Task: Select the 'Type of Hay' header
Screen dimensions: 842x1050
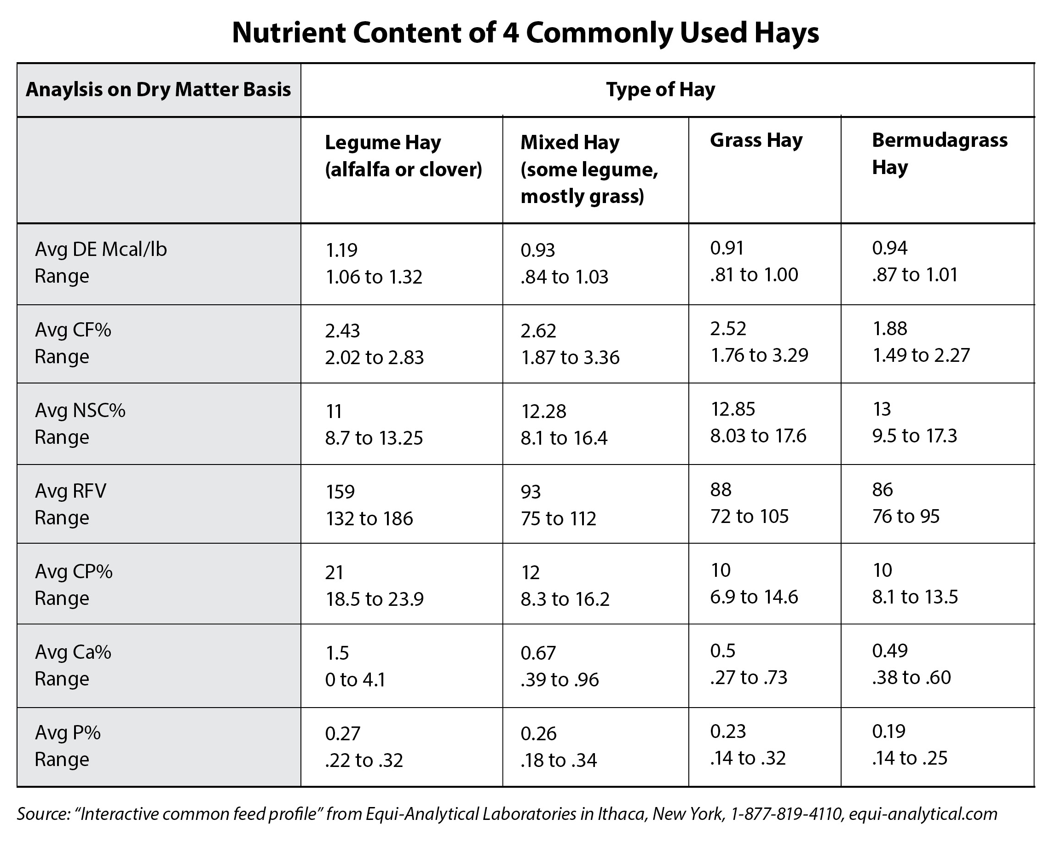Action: [x=660, y=90]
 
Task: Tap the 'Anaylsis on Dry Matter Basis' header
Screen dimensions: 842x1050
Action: [x=158, y=90]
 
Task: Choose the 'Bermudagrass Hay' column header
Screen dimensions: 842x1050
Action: [x=939, y=153]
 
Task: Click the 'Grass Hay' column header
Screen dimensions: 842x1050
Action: [x=756, y=140]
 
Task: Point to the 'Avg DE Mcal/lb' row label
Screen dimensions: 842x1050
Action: [x=101, y=250]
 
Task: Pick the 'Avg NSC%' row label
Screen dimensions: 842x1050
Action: [x=80, y=410]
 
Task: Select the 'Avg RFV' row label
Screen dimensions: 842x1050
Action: [x=70, y=491]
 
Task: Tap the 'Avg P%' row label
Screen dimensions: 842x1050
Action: [x=68, y=732]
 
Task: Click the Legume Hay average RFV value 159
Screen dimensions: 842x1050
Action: [x=340, y=492]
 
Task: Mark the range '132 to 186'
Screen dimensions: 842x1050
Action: [x=369, y=518]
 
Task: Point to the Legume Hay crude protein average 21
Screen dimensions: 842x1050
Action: [x=334, y=572]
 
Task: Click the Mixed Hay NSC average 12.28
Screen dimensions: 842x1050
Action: [x=543, y=411]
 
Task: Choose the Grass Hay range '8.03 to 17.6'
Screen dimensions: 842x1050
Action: [x=758, y=436]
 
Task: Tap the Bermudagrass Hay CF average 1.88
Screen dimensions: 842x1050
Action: [x=889, y=328]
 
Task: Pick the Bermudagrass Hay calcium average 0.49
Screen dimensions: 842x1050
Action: [x=889, y=650]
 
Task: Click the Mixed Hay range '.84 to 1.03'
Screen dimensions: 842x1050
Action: [x=565, y=277]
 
